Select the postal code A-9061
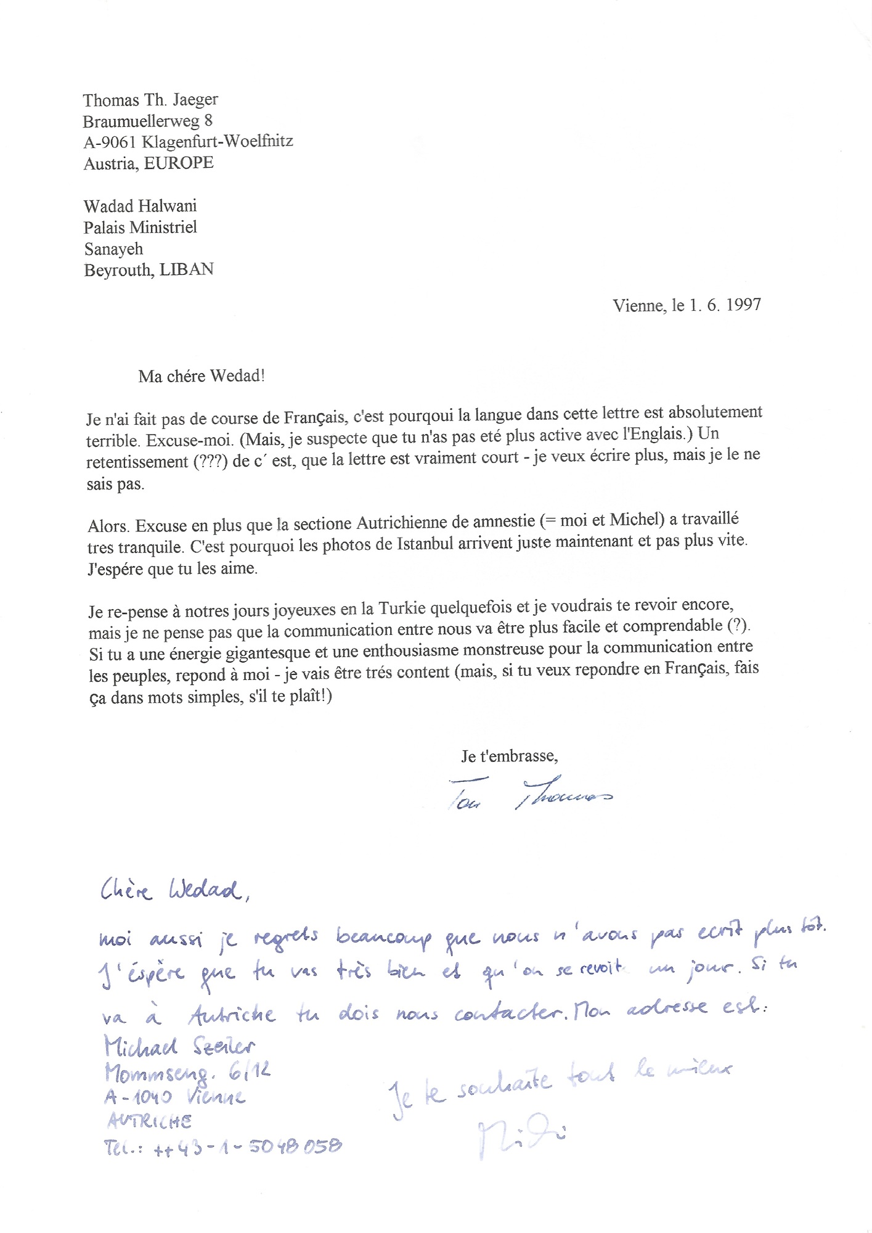[x=109, y=142]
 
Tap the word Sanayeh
[x=113, y=249]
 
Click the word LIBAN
[x=187, y=270]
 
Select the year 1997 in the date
[x=743, y=305]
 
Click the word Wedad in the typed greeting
[x=237, y=376]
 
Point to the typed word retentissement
[x=137, y=462]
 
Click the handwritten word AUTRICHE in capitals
[x=149, y=1121]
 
